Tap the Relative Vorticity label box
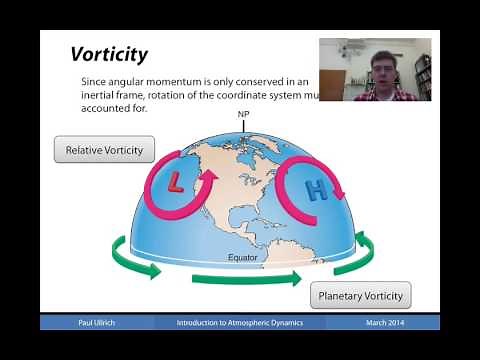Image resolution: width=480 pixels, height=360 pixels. (x=104, y=151)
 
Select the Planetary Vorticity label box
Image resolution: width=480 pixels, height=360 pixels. (x=360, y=296)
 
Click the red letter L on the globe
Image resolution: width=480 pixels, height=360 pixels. (x=176, y=181)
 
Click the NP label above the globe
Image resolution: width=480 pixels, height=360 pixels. (x=243, y=115)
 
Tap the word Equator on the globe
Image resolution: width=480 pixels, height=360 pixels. (x=242, y=258)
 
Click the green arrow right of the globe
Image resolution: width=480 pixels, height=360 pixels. (x=366, y=242)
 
